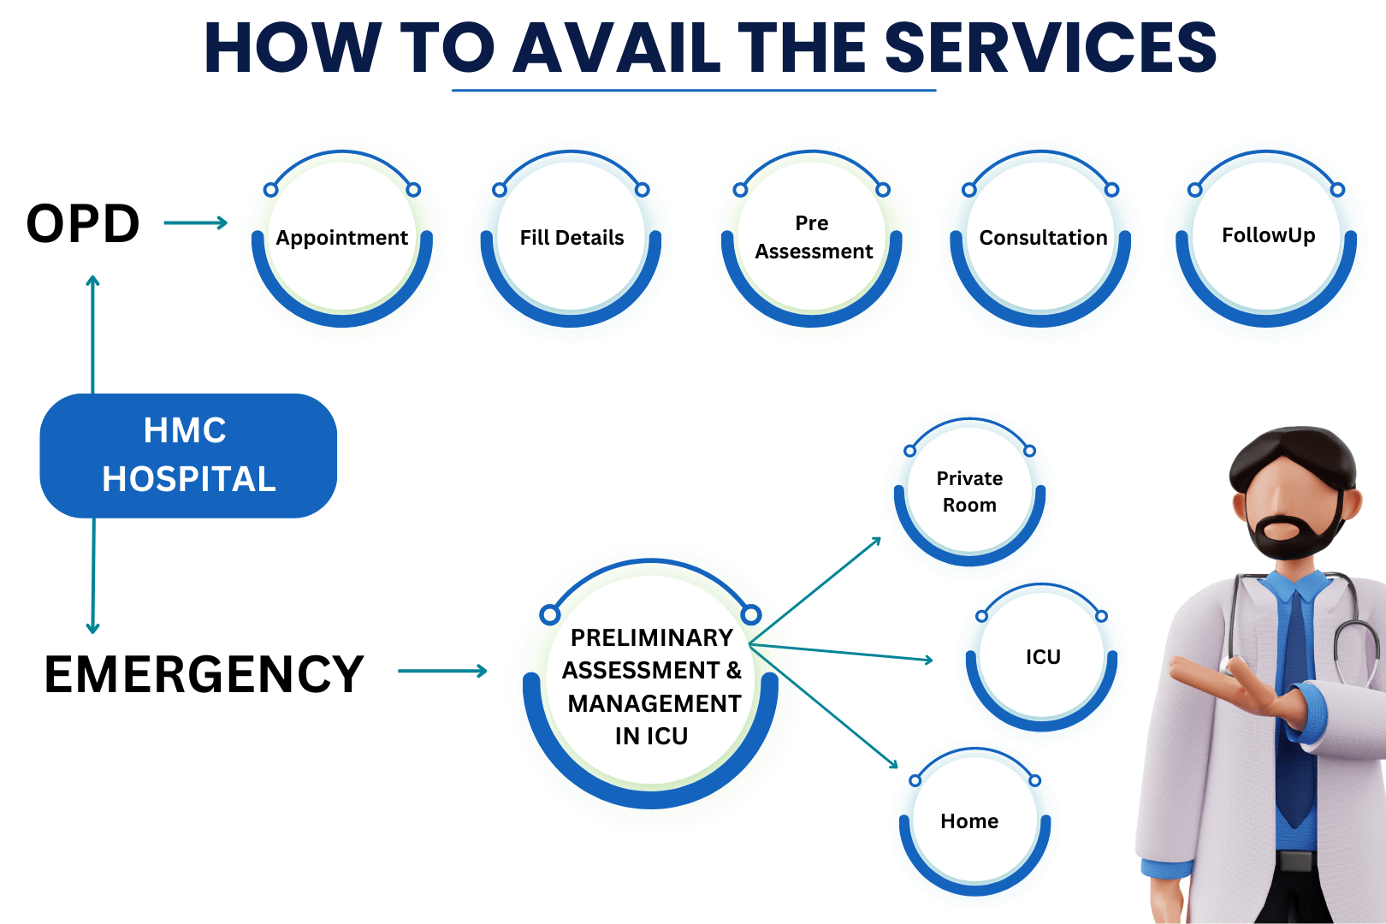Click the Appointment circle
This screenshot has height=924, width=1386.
click(x=342, y=239)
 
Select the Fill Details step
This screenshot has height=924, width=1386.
click(x=572, y=239)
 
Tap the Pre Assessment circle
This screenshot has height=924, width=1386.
click(x=812, y=239)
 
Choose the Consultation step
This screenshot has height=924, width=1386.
click(x=1041, y=239)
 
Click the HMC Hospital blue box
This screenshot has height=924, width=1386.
click(x=188, y=455)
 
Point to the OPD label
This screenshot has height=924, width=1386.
click(x=83, y=224)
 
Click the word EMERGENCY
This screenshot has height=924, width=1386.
click(x=204, y=674)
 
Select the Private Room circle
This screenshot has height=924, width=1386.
click(x=969, y=492)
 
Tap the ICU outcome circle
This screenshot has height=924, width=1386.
click(x=1042, y=657)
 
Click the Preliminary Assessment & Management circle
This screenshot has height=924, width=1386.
click(x=651, y=684)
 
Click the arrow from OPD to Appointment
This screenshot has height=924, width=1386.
click(x=195, y=223)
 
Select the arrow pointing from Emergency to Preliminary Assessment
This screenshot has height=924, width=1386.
click(x=442, y=672)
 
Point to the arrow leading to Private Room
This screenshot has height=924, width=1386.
click(x=817, y=590)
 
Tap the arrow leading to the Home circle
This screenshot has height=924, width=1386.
click(x=826, y=707)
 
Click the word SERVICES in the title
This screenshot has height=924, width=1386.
click(x=1050, y=48)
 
